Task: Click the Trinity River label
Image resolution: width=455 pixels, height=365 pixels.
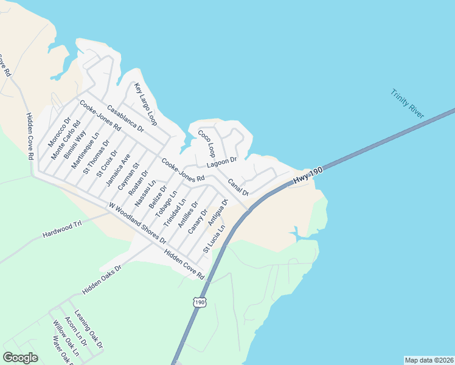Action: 408,103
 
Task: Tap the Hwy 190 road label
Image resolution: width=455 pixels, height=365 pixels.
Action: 307,174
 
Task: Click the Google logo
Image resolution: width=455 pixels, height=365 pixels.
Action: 20,358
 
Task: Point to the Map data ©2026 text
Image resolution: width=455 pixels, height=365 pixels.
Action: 428,360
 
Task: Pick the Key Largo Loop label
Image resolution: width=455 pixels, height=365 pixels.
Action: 146,104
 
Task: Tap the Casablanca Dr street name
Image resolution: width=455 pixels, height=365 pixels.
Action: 125,119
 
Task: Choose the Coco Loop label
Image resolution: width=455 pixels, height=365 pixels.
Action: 206,143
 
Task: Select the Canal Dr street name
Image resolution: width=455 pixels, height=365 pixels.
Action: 238,187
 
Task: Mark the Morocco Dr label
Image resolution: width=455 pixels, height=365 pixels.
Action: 60,132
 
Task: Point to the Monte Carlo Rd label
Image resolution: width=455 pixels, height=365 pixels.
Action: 66,140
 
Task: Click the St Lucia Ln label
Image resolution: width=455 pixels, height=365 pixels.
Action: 214,238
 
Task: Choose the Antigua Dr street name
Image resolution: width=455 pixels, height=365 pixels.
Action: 217,212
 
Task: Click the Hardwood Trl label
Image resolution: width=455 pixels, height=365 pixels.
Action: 62,229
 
